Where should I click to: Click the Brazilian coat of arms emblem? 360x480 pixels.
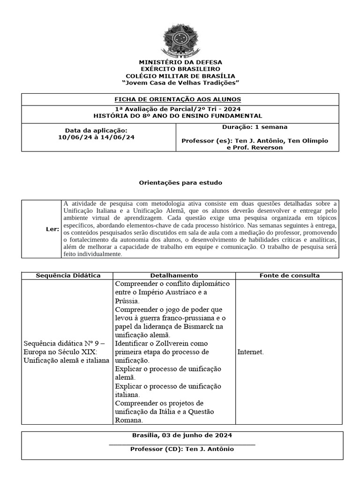(180, 41)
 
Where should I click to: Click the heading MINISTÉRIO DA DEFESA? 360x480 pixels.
(180, 62)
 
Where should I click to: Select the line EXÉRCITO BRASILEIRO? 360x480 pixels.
(180, 69)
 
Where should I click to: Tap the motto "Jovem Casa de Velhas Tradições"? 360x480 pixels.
(180, 82)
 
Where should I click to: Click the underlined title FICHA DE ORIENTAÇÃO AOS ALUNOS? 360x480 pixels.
(178, 99)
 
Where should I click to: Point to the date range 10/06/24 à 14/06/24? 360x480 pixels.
(96, 137)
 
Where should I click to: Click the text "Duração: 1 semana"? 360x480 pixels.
(255, 127)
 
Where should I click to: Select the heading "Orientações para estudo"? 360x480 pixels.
(180, 182)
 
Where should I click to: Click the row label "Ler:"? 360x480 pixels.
(52, 229)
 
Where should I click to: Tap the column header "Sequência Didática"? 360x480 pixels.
(68, 276)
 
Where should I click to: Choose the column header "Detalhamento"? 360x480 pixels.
(174, 276)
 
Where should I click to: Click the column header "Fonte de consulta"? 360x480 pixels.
(290, 276)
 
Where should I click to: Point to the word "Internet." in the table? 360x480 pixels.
(251, 352)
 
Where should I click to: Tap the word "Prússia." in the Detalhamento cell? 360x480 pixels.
(127, 301)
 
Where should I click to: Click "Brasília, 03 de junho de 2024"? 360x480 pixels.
(182, 435)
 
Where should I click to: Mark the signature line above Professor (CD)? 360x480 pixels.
(182, 443)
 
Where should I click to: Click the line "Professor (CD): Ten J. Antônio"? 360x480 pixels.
(182, 449)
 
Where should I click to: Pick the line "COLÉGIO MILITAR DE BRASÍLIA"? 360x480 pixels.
(180, 76)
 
